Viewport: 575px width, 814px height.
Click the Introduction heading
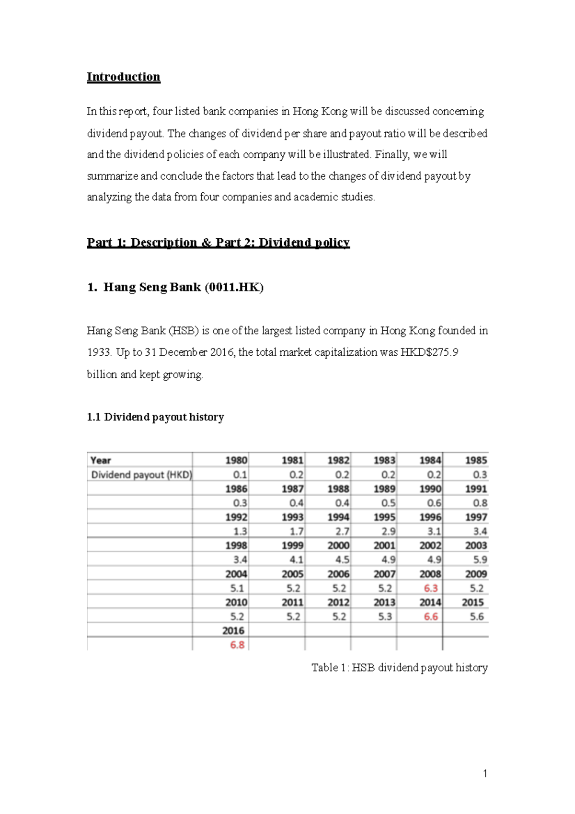click(123, 77)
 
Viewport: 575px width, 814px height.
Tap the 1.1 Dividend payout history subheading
click(155, 417)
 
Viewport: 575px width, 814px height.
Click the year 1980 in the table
click(236, 460)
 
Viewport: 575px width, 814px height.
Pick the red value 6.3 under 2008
click(431, 588)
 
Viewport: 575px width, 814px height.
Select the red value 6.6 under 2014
click(431, 616)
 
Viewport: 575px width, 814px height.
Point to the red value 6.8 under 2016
click(237, 645)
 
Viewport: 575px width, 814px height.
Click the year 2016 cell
click(233, 631)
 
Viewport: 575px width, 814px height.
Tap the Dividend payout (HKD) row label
click(141, 475)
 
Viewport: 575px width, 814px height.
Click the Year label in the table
click(101, 460)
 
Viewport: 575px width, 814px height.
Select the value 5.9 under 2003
click(480, 559)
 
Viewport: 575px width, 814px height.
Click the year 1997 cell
click(476, 517)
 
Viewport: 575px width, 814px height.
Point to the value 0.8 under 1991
click(480, 503)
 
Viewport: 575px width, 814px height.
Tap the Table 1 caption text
click(399, 668)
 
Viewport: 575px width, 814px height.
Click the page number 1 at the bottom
click(485, 773)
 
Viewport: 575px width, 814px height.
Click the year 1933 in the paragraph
click(99, 352)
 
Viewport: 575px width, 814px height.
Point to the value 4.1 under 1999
click(296, 559)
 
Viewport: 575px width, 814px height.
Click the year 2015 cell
click(472, 603)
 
